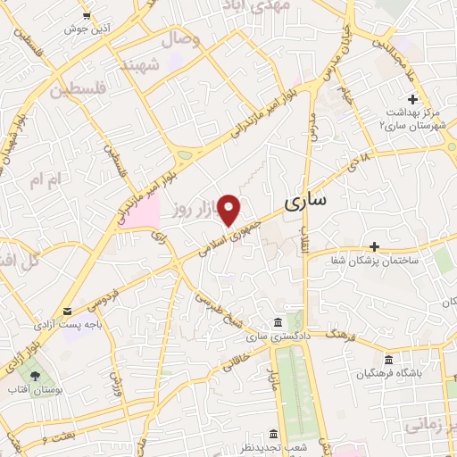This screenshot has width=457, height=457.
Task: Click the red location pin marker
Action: click(230, 209)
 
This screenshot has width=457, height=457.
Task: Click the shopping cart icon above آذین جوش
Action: click(86, 15)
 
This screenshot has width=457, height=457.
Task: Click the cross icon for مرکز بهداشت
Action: click(412, 99)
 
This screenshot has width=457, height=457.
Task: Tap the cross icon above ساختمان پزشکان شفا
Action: click(374, 245)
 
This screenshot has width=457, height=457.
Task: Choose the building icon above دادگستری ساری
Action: click(278, 322)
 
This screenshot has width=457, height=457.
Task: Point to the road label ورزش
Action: click(116, 384)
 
